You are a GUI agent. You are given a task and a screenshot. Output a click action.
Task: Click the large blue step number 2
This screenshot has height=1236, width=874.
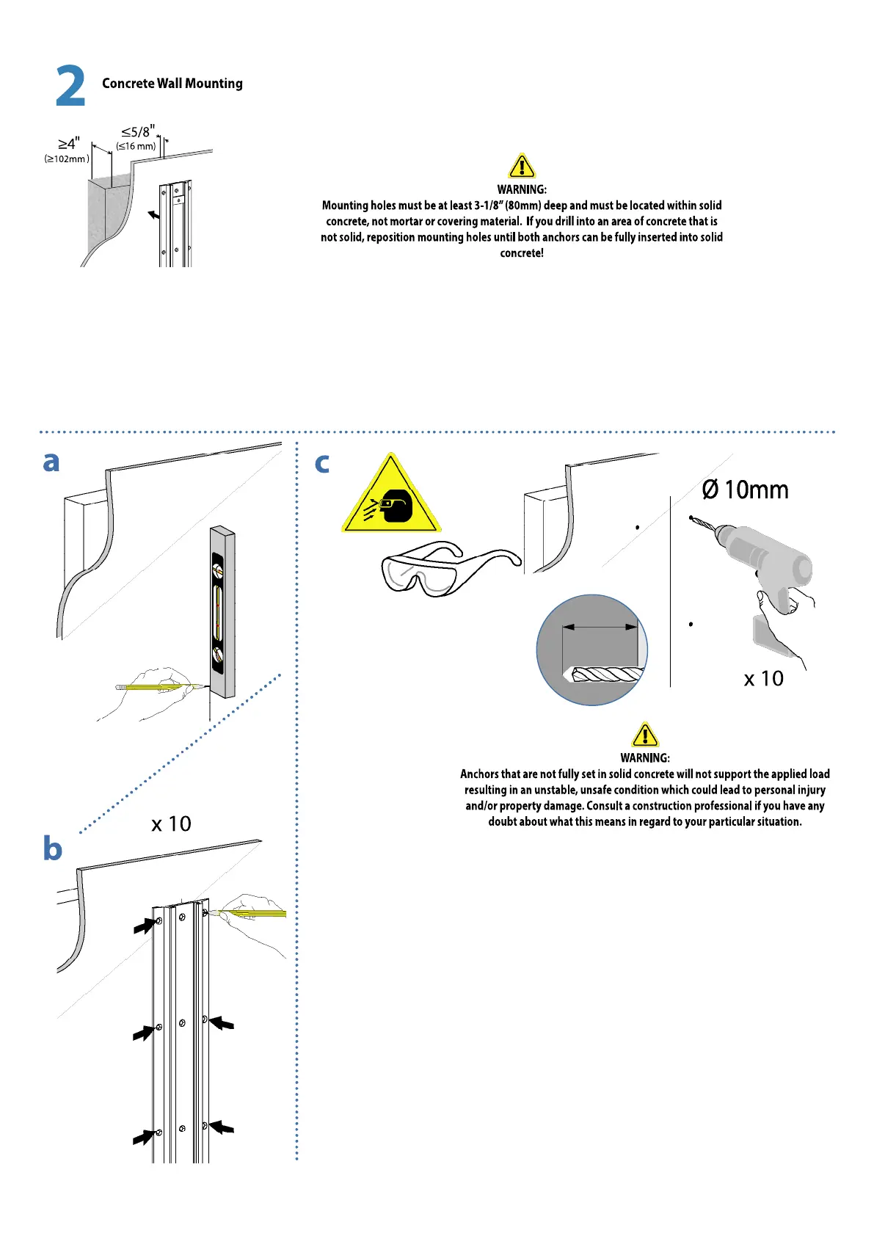70,87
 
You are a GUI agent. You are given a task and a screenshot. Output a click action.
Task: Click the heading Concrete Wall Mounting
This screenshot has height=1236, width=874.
172,84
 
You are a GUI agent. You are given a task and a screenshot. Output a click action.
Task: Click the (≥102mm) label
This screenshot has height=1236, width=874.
67,159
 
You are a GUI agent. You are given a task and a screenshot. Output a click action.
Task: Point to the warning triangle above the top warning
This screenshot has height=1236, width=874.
521,167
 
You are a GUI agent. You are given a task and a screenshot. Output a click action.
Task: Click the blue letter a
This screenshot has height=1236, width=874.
51,462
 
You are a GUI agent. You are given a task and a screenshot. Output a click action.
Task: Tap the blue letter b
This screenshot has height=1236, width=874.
52,848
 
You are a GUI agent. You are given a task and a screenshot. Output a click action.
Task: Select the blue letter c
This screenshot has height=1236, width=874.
321,464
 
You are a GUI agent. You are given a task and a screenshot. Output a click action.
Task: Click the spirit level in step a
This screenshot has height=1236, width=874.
222,611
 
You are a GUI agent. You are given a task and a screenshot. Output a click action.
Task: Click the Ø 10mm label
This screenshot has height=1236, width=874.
745,490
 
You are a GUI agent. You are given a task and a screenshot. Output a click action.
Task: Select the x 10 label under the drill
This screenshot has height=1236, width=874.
763,679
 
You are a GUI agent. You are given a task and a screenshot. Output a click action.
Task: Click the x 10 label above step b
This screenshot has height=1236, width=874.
171,824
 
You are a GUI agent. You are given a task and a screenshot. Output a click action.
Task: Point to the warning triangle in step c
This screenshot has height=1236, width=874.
644,735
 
